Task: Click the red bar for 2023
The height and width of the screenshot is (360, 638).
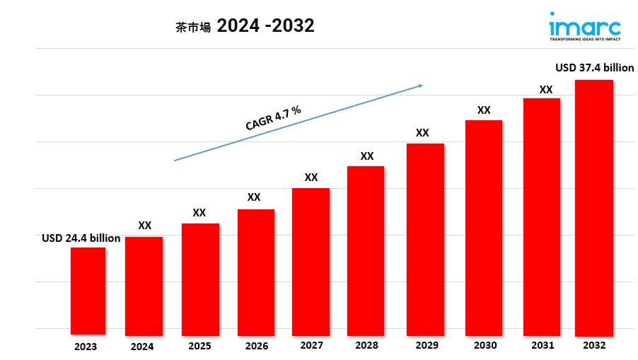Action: [x=88, y=291]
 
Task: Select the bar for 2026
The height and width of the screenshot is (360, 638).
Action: [x=255, y=272]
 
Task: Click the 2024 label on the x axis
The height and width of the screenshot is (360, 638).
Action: [x=142, y=347]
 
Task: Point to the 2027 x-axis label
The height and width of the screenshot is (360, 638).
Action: [x=311, y=345]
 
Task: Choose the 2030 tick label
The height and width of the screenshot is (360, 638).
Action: [x=485, y=345]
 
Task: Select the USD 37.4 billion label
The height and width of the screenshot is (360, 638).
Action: [x=594, y=68]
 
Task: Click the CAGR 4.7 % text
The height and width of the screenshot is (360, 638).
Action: [x=273, y=117]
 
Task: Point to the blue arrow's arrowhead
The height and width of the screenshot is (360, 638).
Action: [x=420, y=86]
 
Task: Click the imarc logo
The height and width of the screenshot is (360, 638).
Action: [x=585, y=27]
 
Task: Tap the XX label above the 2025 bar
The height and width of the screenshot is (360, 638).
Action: [x=199, y=212]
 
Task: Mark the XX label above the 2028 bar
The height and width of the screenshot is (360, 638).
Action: [x=366, y=156]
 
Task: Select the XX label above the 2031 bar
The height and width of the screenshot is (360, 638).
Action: [x=545, y=89]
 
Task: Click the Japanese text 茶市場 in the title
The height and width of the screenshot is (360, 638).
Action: [x=193, y=28]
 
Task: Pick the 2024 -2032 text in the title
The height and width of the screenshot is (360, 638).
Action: [x=266, y=26]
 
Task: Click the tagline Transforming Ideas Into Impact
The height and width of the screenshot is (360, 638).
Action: [x=585, y=40]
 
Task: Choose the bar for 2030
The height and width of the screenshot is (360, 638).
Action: [x=484, y=227]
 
